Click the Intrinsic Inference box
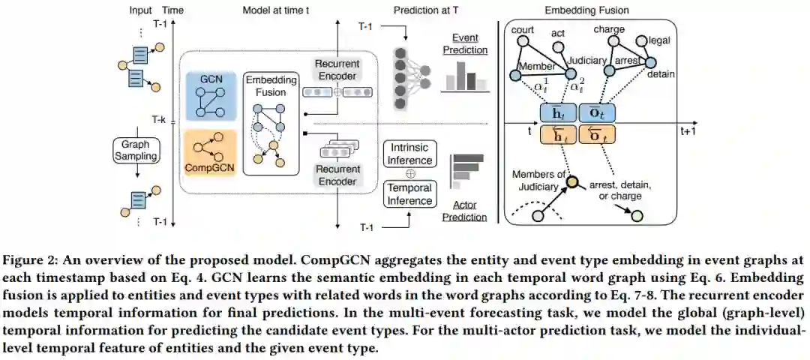pyautogui.click(x=409, y=154)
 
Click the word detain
pyautogui.click(x=661, y=74)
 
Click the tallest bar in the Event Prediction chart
pyautogui.click(x=460, y=74)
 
